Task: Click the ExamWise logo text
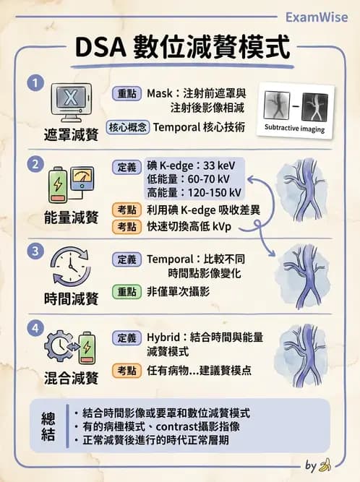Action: tap(317, 17)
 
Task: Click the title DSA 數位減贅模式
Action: tap(182, 49)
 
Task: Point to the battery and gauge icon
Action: tap(70, 186)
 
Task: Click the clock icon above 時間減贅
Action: tap(70, 267)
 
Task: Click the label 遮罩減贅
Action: tap(71, 134)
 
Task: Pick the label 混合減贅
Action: tap(71, 378)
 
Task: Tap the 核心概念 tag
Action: tap(128, 126)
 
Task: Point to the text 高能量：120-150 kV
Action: tap(193, 192)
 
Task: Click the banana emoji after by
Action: tap(325, 464)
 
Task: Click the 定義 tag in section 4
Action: tap(127, 337)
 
